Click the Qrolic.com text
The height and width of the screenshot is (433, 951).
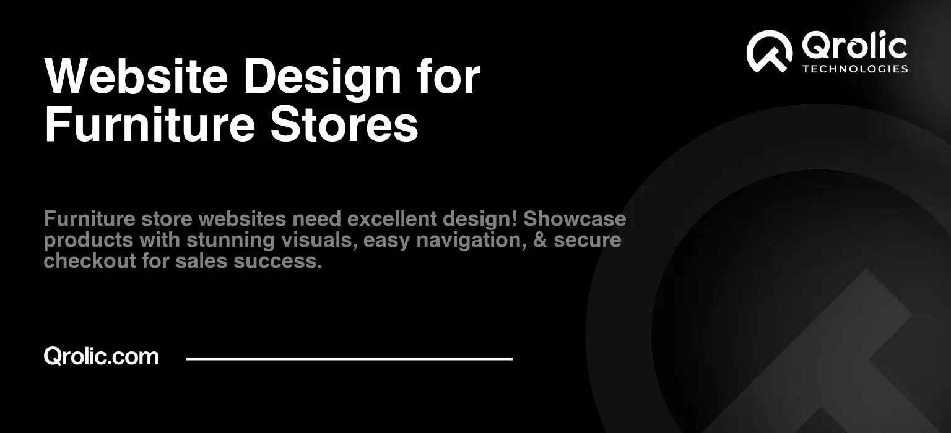(x=101, y=356)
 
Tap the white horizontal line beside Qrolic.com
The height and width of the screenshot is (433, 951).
(x=349, y=358)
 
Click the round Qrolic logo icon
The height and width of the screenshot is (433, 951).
(x=769, y=51)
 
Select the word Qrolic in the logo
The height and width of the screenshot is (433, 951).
(x=854, y=47)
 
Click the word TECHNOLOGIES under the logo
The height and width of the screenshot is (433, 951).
(x=855, y=69)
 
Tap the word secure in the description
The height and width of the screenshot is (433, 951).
(x=587, y=240)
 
